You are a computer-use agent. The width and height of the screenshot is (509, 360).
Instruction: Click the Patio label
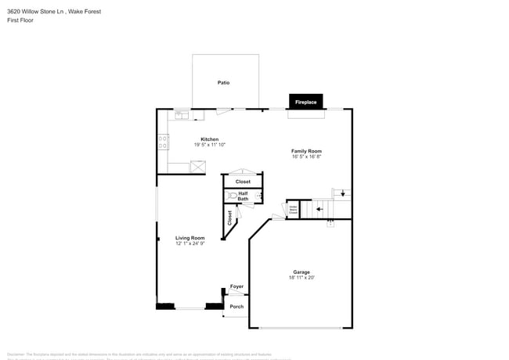pos(223,82)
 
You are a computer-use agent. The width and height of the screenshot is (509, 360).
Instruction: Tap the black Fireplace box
pos(305,102)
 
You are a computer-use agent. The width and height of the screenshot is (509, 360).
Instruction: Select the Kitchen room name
pos(210,139)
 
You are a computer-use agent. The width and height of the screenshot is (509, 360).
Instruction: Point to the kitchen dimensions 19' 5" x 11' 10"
pos(210,145)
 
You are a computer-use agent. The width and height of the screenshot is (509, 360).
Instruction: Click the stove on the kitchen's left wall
pos(163,142)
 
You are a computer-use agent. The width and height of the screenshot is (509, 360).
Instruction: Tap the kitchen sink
pos(182,115)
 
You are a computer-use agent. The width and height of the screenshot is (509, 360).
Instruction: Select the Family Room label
pos(306,151)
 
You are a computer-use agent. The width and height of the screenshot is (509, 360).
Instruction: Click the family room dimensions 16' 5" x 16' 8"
pos(306,157)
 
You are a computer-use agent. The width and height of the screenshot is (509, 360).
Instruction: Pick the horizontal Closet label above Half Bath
pos(243,182)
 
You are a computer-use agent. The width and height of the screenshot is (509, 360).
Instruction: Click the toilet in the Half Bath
pos(232,196)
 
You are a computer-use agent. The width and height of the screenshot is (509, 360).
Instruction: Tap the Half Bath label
pos(244,196)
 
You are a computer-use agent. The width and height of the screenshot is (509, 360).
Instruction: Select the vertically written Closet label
pos(229,218)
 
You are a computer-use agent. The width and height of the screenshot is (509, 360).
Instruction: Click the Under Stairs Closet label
pos(293,208)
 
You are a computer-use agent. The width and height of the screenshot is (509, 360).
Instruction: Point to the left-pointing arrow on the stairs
pos(319,209)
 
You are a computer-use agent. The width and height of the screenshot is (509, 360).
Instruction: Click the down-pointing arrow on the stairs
pos(342,193)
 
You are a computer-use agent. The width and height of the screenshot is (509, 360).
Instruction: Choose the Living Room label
pos(190,238)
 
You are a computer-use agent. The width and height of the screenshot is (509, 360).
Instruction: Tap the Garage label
pos(301,272)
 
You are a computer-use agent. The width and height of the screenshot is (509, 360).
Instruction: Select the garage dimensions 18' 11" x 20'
pos(301,278)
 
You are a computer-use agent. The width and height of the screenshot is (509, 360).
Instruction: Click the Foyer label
pos(236,286)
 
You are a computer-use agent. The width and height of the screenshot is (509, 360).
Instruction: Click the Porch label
pos(236,306)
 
